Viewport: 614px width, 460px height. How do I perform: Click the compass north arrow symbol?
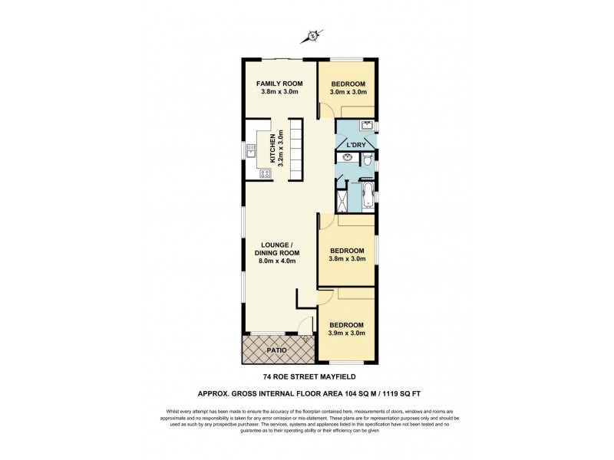click(313, 35)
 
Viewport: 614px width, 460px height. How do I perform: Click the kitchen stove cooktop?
click(264, 173)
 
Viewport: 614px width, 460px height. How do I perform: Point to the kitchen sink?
click(251, 153)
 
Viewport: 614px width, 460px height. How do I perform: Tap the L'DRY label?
click(355, 144)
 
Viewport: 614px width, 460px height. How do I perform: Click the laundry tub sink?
click(366, 125)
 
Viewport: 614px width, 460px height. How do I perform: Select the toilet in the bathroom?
click(368, 159)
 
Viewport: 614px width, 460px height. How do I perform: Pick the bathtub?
click(368, 195)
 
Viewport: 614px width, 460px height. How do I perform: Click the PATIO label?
click(276, 350)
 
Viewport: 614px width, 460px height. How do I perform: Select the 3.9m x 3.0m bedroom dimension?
click(347, 333)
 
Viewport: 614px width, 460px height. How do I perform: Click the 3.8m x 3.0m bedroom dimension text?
click(347, 259)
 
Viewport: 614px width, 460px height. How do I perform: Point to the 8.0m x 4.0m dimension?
click(276, 261)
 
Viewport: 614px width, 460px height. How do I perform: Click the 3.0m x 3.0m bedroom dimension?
click(347, 92)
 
